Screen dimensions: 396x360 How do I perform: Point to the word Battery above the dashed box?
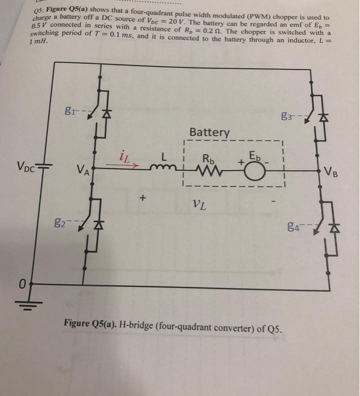pos(210,132)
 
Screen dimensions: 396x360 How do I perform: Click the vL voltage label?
pos(198,205)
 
